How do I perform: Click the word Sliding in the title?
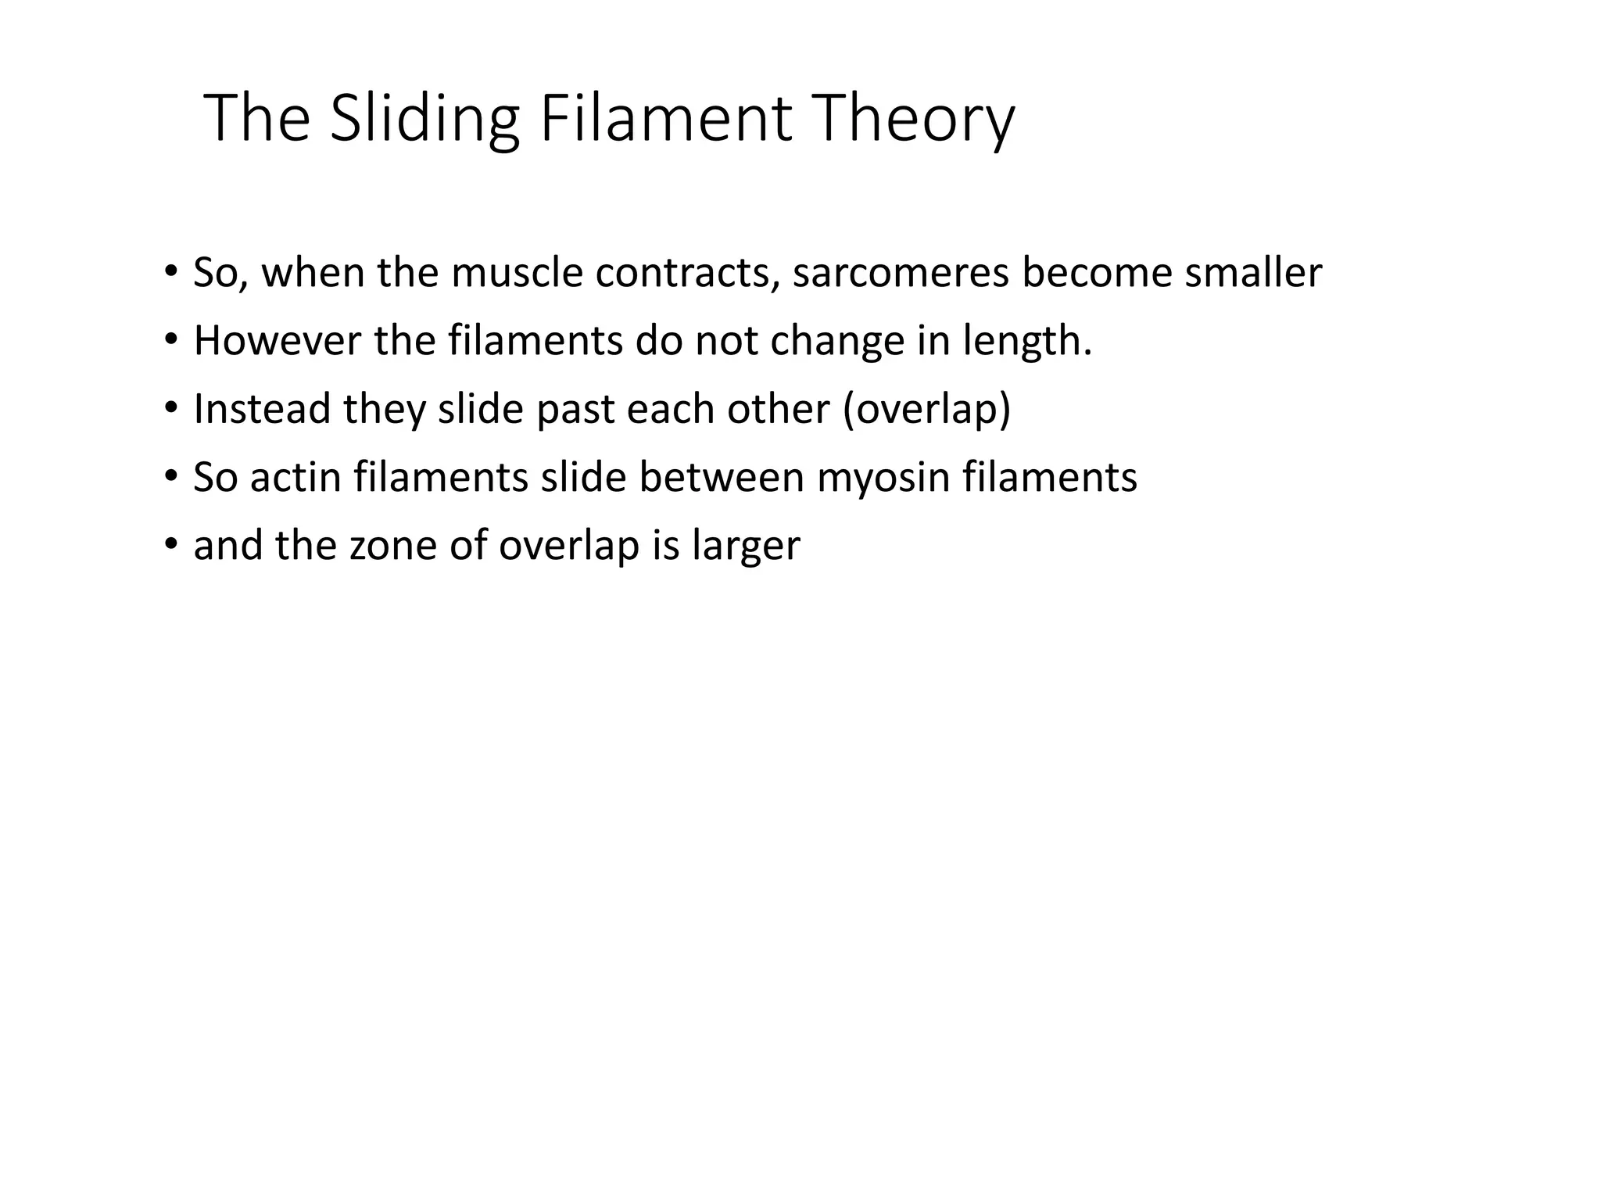pyautogui.click(x=424, y=119)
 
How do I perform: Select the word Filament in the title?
pyautogui.click(x=665, y=119)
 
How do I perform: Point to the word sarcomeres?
pyautogui.click(x=900, y=273)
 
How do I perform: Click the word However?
pyautogui.click(x=277, y=341)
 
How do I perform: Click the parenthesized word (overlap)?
pyautogui.click(x=926, y=409)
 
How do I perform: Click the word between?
pyautogui.click(x=722, y=477)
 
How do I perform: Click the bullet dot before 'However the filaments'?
pyautogui.click(x=170, y=341)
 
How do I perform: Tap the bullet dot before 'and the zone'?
pyautogui.click(x=170, y=545)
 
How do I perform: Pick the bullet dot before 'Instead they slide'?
pyautogui.click(x=170, y=409)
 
